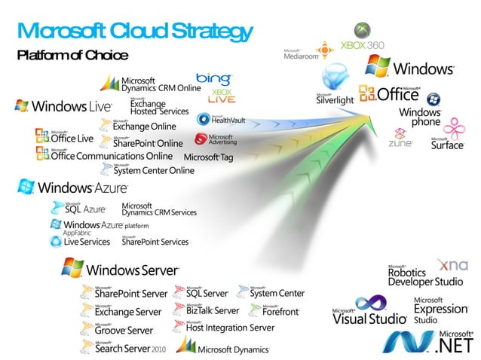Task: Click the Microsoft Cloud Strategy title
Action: [133, 31]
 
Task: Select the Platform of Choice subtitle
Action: [72, 55]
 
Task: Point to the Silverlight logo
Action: [335, 87]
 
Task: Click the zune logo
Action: [400, 139]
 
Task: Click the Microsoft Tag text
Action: [209, 157]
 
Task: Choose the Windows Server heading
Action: [121, 269]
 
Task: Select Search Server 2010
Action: [124, 347]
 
